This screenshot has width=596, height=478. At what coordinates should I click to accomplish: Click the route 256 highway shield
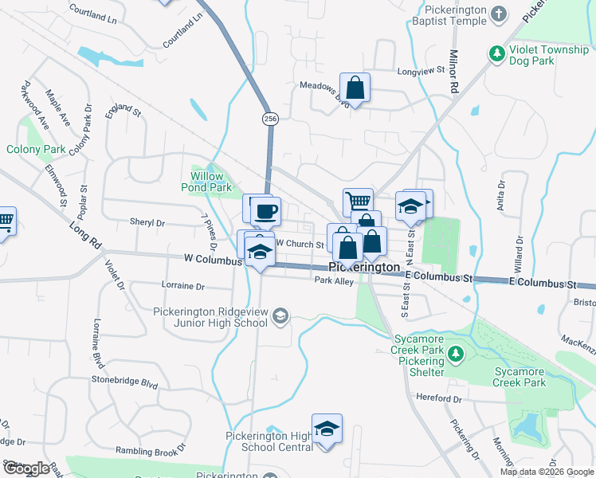270,118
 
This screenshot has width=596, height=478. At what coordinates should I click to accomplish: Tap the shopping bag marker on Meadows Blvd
355,88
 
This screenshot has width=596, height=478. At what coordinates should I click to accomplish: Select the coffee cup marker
265,212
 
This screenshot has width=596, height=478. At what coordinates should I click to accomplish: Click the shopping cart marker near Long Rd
4,221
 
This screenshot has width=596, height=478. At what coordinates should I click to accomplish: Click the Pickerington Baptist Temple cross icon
498,14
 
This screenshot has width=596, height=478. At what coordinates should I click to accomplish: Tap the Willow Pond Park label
211,182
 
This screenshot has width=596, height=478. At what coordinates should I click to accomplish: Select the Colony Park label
36,149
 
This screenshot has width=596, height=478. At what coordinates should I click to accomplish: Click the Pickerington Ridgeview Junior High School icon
280,317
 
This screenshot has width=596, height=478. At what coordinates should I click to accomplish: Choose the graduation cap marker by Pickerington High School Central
326,429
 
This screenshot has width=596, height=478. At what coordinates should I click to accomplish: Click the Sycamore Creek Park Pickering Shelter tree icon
455,352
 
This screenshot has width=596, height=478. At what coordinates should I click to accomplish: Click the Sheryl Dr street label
147,224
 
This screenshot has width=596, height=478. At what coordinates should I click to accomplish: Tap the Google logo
25,468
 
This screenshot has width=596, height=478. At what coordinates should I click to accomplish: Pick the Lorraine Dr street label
182,285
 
